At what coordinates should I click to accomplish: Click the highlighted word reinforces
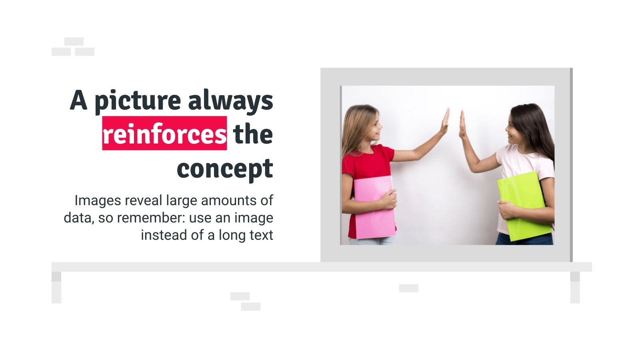164,134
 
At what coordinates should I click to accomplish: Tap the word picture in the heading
138,100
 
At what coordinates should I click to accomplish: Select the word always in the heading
231,100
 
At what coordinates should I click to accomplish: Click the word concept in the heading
225,169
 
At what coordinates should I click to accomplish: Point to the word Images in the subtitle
98,200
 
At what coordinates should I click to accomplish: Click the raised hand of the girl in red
445,122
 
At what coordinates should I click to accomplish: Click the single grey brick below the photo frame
408,288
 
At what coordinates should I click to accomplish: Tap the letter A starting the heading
78,100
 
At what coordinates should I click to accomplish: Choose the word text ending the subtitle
261,235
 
